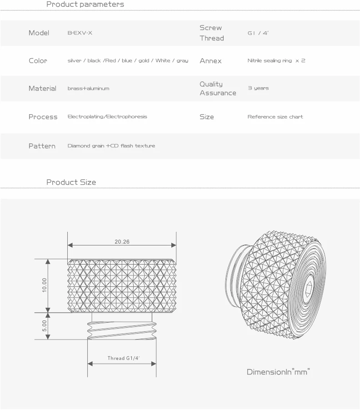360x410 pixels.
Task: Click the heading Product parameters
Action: pos(85,5)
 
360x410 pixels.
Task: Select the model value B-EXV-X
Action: pos(80,33)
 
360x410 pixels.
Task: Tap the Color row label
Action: pos(38,61)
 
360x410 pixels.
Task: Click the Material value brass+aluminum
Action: pos(88,89)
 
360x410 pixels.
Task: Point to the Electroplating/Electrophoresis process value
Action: pos(107,117)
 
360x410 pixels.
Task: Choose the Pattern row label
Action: pos(42,146)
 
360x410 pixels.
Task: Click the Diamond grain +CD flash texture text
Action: pos(111,146)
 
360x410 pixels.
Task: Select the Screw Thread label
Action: pos(212,33)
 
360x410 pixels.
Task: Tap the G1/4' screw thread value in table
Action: pos(258,33)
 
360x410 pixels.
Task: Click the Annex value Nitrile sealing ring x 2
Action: pos(276,60)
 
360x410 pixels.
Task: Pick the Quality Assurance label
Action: pos(218,89)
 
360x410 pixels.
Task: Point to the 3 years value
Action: pos(258,88)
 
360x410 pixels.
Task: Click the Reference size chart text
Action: pos(275,117)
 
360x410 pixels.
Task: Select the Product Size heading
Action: pos(71,182)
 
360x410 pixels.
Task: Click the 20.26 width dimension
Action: pos(122,242)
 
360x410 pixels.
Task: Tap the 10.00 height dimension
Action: pos(45,285)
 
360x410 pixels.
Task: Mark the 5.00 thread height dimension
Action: pos(45,325)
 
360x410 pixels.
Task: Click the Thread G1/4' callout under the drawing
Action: pos(124,359)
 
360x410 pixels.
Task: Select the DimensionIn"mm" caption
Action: pos(278,372)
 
